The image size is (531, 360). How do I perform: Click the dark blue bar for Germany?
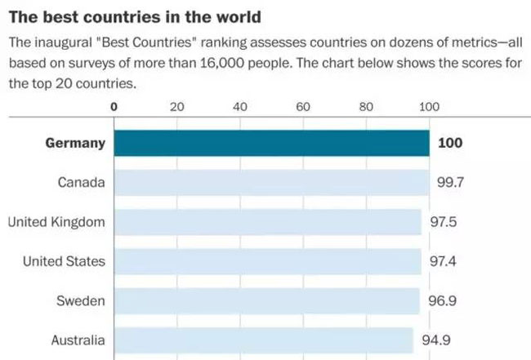point(271,143)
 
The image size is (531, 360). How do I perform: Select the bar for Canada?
point(271,182)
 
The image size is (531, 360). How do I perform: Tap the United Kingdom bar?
point(267,222)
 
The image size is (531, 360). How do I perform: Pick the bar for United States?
point(267,261)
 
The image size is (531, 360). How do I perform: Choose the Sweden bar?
point(266,300)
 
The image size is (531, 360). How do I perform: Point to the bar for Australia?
point(263,340)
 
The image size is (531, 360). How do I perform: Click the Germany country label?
point(75,143)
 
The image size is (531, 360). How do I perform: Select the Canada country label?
point(82,182)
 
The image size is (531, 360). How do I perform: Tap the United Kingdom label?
point(56,222)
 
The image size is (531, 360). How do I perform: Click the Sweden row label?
point(81,300)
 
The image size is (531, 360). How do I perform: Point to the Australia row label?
point(78,340)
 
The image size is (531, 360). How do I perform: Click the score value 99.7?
point(450,182)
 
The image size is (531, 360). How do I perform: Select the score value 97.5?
point(444,222)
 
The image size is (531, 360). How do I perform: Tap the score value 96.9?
point(442,300)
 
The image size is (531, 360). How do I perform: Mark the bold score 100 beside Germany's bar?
point(450,143)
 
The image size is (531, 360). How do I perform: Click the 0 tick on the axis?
point(114,106)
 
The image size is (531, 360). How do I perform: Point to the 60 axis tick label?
point(302,106)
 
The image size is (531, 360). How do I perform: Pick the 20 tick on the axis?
point(176,106)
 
